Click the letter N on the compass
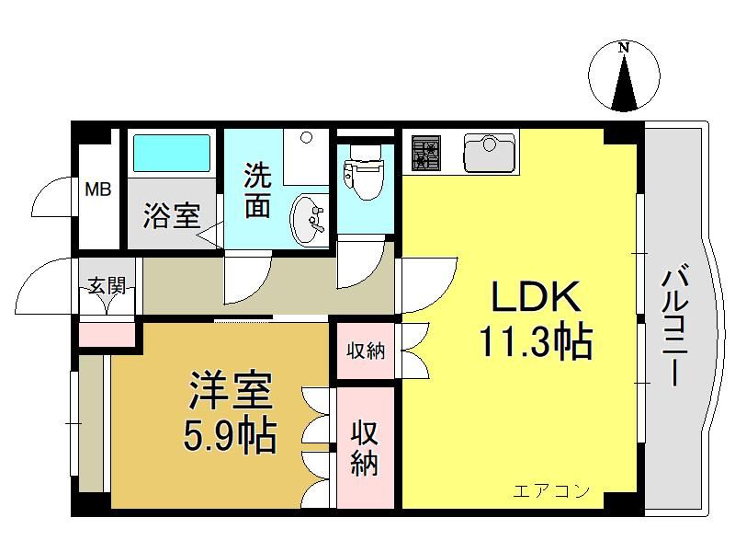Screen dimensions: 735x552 (x=624, y=48)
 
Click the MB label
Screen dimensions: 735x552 (x=98, y=190)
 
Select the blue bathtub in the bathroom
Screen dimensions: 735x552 (x=172, y=154)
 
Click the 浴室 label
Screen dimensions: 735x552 (x=172, y=215)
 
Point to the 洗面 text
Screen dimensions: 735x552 (x=258, y=190)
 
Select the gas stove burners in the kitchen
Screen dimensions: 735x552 (x=426, y=153)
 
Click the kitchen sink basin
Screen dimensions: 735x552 (x=489, y=153)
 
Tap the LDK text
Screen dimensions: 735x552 (x=537, y=296)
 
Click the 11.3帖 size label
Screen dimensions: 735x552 (x=536, y=342)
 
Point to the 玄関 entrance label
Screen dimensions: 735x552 (x=107, y=285)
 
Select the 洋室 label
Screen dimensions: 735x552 (x=231, y=390)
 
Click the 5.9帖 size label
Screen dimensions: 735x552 (x=229, y=436)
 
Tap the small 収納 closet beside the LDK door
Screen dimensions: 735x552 (x=366, y=351)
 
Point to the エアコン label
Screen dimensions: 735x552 (x=551, y=491)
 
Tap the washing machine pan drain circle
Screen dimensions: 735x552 (x=307, y=137)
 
